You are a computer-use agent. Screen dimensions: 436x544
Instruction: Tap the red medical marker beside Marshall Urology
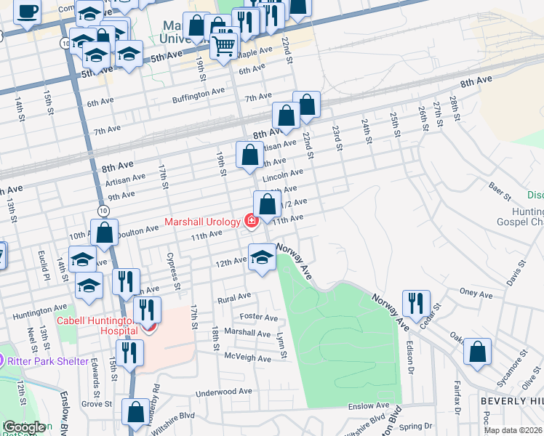pyautogui.click(x=252, y=221)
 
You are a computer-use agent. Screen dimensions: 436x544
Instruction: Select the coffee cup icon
pyautogui.click(x=27, y=12)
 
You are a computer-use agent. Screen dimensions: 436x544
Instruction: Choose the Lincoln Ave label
pyautogui.click(x=282, y=175)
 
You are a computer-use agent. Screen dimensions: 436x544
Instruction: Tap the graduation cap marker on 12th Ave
pyautogui.click(x=263, y=256)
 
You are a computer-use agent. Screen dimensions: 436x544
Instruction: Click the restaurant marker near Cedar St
pyautogui.click(x=416, y=302)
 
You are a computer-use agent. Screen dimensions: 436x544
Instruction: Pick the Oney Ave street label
pyautogui.click(x=476, y=294)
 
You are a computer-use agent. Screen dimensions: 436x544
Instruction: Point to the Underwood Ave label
pyautogui.click(x=223, y=392)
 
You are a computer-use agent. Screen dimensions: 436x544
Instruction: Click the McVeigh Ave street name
pyautogui.click(x=247, y=357)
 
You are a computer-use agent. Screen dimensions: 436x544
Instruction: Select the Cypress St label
pyautogui.click(x=173, y=270)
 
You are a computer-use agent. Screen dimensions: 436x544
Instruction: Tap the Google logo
pyautogui.click(x=23, y=427)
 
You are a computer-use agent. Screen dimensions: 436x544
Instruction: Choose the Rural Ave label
pyautogui.click(x=234, y=298)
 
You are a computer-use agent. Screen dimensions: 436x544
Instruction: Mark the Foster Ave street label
pyautogui.click(x=260, y=318)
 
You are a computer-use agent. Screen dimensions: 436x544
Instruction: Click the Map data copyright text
pyautogui.click(x=513, y=430)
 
